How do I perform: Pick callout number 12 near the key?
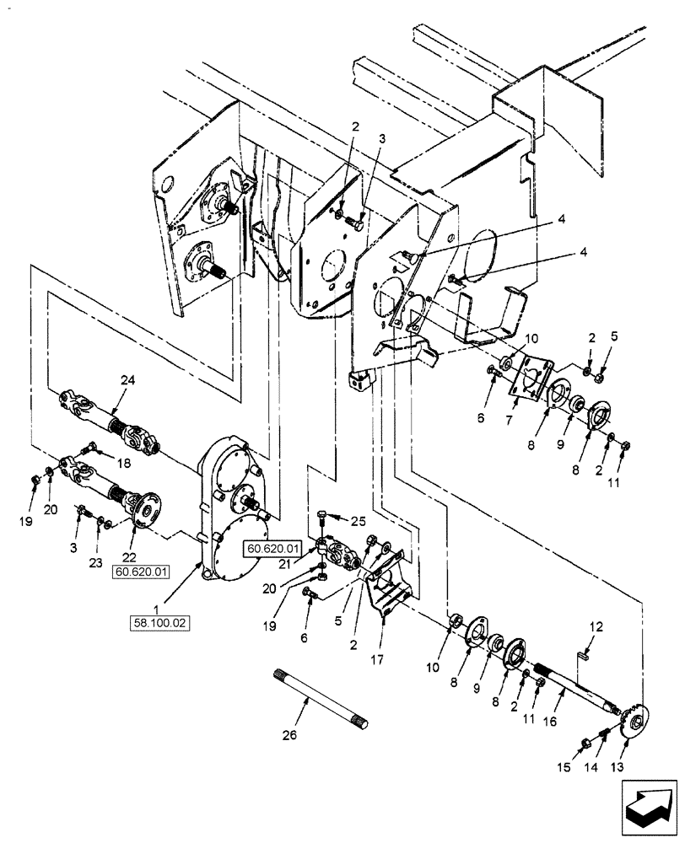click(x=597, y=626)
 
